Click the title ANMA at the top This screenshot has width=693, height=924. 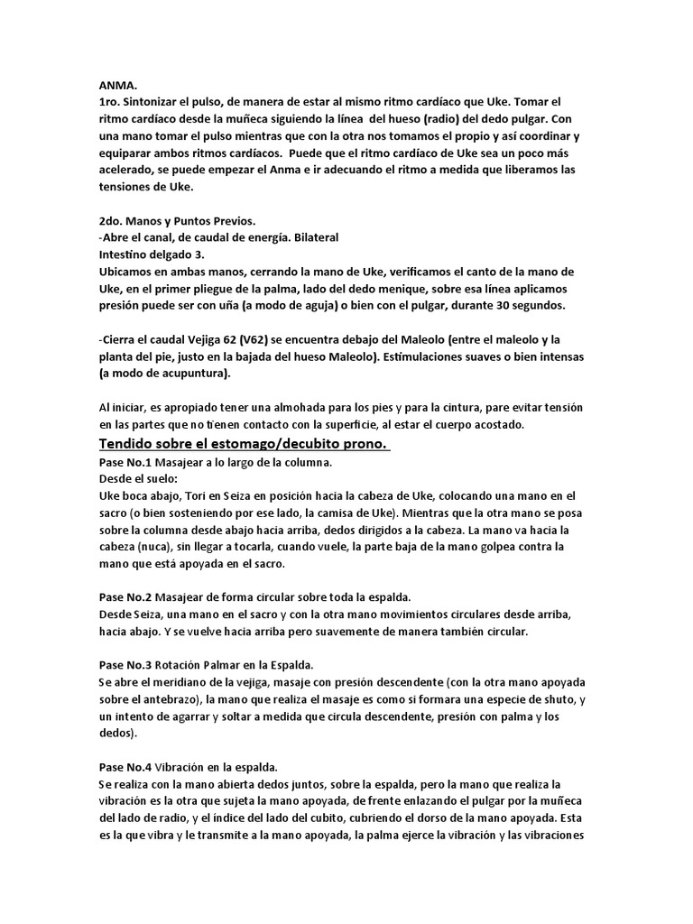(117, 84)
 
